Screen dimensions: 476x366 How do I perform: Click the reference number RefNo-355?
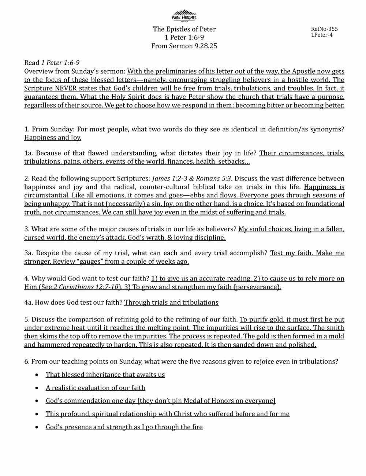tap(324, 29)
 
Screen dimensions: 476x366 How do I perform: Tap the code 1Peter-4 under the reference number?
tap(322, 35)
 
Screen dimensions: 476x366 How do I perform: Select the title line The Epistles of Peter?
tap(184, 29)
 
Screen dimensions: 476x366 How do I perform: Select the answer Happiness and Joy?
tap(53, 138)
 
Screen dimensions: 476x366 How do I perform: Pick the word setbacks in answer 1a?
tap(236, 161)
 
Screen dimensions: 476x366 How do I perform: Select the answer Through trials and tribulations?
tap(171, 302)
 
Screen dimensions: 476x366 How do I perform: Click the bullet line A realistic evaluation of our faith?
tap(95, 387)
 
